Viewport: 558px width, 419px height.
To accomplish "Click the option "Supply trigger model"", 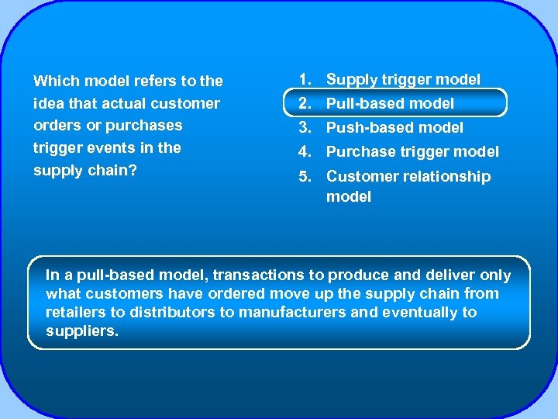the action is pos(403,79).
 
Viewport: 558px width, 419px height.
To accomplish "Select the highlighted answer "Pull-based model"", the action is pos(390,103).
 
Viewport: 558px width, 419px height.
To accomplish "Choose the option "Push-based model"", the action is pos(394,127).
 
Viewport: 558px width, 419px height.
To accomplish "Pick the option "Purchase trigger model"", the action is pos(412,151).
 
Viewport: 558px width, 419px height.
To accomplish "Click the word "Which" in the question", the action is pos(57,81).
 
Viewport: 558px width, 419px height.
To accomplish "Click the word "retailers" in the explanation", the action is pos(77,313).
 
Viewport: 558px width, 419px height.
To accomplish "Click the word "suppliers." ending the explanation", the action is pos(82,331).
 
